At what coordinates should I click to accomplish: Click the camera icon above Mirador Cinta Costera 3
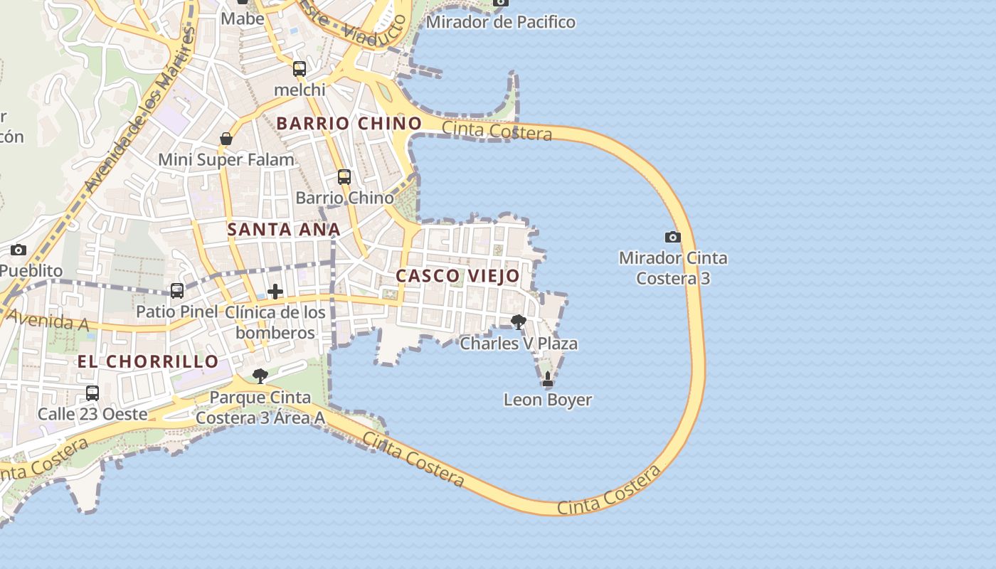(672, 237)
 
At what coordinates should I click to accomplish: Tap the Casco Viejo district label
(457, 276)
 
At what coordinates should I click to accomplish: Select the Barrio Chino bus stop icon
(344, 177)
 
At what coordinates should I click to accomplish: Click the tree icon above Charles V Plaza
(519, 322)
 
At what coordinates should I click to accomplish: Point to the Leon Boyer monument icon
(548, 379)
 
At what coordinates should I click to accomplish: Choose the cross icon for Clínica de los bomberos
(275, 292)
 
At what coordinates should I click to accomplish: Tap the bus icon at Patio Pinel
(177, 291)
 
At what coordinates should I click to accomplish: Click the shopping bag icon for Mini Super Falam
(226, 139)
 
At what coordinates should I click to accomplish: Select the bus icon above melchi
(300, 69)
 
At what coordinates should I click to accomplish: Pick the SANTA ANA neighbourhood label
(284, 230)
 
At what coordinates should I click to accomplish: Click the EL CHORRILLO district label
(148, 361)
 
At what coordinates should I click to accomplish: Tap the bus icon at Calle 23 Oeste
(92, 393)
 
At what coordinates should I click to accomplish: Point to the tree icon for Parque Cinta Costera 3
(260, 376)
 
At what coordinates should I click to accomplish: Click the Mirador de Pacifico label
(501, 22)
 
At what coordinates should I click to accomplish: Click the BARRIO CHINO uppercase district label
(349, 123)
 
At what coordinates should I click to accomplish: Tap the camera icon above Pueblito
(18, 250)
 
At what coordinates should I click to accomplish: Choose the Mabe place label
(243, 18)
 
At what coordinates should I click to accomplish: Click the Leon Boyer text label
(548, 400)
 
